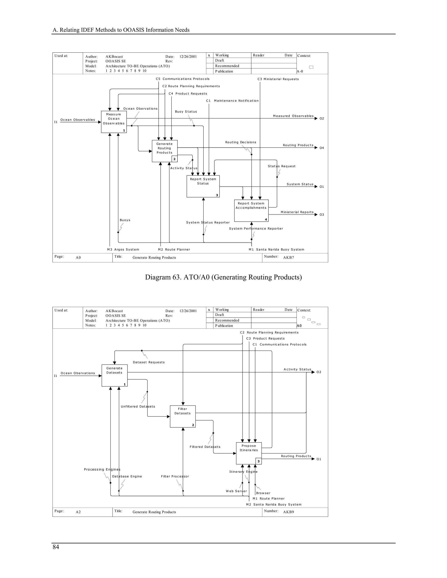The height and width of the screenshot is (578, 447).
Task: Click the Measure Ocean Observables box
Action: pyautogui.click(x=113, y=122)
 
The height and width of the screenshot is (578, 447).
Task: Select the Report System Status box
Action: pyautogui.click(x=203, y=186)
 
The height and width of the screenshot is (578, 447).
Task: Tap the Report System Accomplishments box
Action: pyautogui.click(x=251, y=210)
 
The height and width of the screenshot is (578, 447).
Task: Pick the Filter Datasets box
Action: pyautogui.click(x=182, y=416)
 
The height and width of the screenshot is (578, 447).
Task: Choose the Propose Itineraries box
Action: pyautogui.click(x=249, y=453)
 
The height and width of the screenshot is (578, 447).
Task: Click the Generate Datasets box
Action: pyautogui.click(x=114, y=375)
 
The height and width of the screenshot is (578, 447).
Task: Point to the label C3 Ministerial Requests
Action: pyautogui.click(x=278, y=79)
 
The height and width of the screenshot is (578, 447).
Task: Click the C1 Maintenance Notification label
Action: pyautogui.click(x=232, y=101)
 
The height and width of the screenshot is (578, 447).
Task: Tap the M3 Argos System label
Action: pyautogui.click(x=123, y=250)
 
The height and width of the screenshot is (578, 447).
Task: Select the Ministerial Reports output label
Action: pyautogui.click(x=297, y=212)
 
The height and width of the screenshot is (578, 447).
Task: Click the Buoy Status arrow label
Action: pyautogui.click(x=186, y=112)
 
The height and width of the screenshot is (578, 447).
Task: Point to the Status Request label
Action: pyautogui.click(x=282, y=166)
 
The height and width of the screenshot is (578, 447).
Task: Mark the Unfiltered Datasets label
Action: pyautogui.click(x=138, y=407)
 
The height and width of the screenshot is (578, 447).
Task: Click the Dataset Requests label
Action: pyautogui.click(x=149, y=362)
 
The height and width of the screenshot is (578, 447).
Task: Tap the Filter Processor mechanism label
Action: pyautogui.click(x=175, y=476)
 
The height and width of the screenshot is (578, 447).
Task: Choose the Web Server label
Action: pyautogui.click(x=236, y=491)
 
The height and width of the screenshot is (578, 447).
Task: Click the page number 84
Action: pyautogui.click(x=56, y=547)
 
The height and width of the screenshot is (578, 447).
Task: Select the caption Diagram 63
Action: pyautogui.click(x=223, y=277)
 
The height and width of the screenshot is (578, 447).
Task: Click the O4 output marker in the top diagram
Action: pyautogui.click(x=321, y=148)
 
